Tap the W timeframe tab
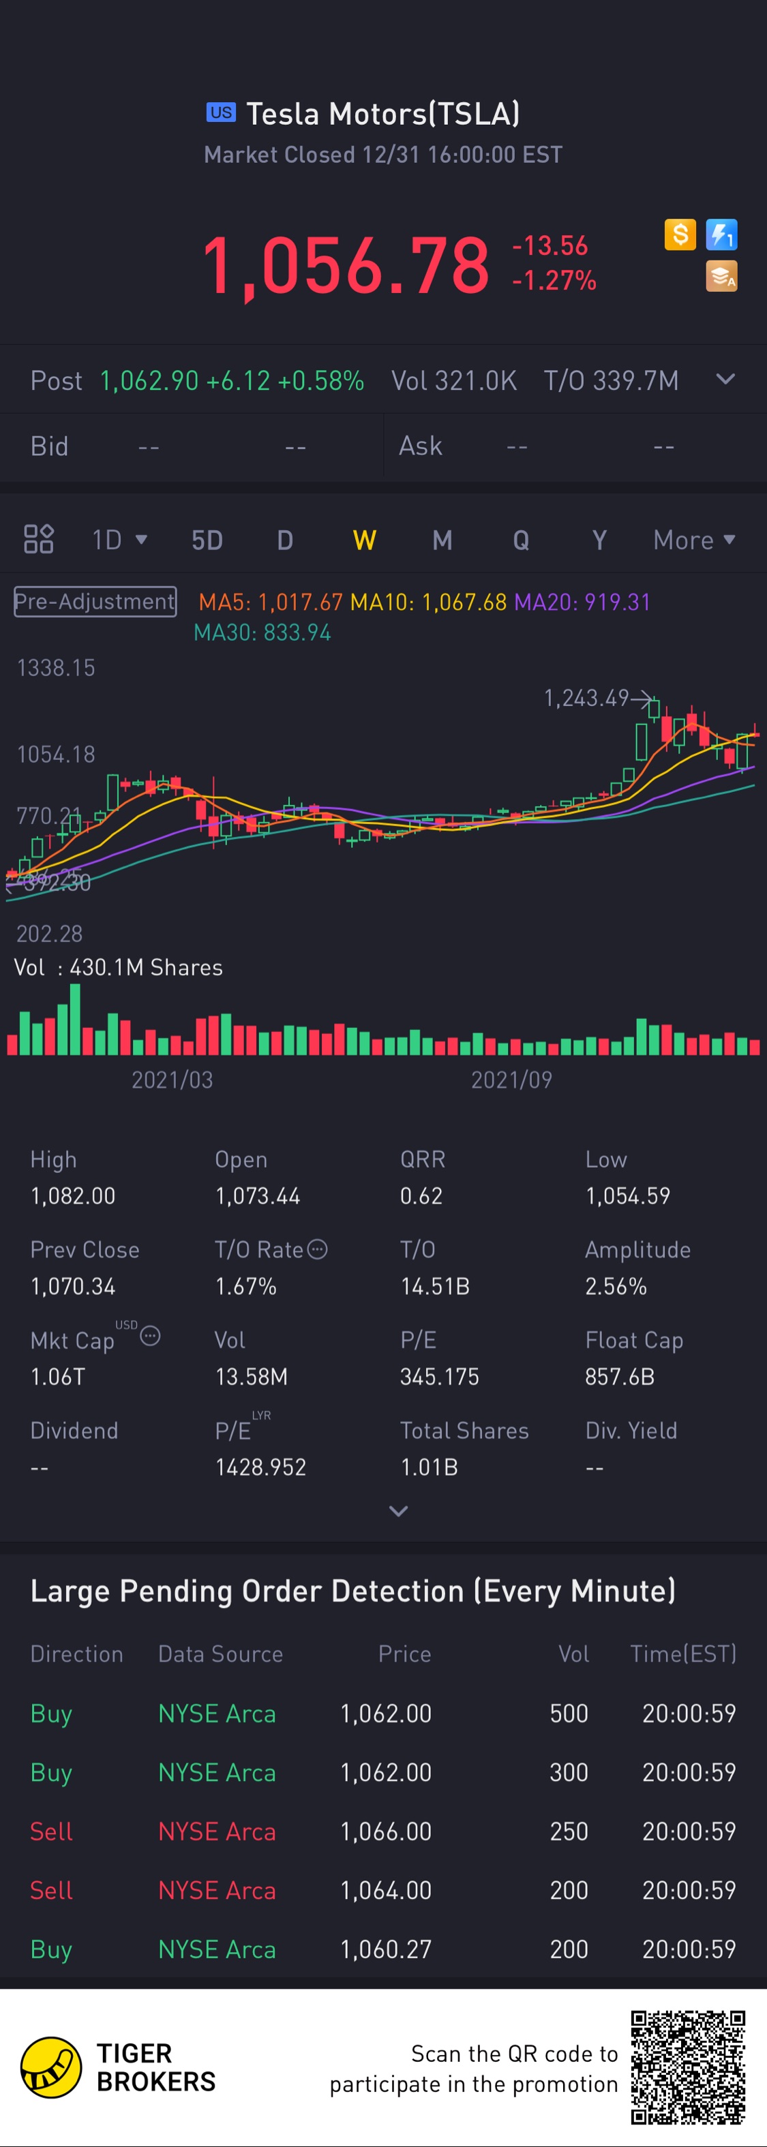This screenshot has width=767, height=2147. (x=364, y=540)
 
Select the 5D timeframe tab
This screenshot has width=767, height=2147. (x=207, y=540)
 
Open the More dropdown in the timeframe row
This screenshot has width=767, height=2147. (x=693, y=540)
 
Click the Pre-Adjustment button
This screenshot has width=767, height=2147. (x=95, y=602)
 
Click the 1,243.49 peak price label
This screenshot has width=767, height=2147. (x=586, y=698)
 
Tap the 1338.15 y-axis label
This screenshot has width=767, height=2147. (x=56, y=667)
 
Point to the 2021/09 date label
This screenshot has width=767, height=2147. (x=511, y=1080)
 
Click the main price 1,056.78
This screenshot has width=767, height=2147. (x=346, y=265)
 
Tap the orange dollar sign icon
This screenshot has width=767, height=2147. (x=680, y=235)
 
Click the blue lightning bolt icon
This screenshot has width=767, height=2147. (x=721, y=235)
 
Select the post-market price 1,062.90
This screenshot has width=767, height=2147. (x=149, y=381)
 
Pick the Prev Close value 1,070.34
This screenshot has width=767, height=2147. (x=72, y=1286)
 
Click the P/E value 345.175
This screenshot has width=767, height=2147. (x=439, y=1376)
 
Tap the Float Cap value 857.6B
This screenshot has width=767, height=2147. (x=620, y=1376)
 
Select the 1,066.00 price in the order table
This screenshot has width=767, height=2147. (x=386, y=1831)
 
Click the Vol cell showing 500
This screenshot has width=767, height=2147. (x=569, y=1713)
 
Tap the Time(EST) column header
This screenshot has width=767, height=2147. (x=682, y=1654)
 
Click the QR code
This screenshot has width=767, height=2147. (x=687, y=2067)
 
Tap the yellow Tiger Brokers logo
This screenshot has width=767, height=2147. (x=51, y=2067)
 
